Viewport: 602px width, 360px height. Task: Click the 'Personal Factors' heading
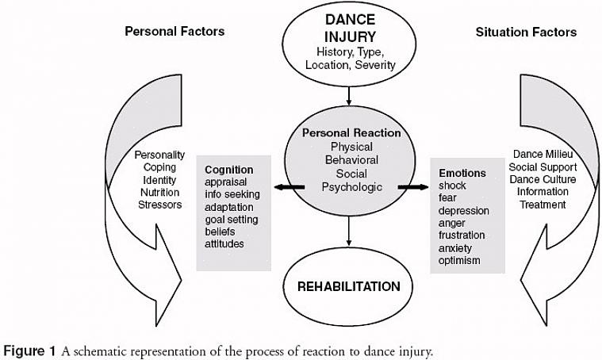click(x=174, y=32)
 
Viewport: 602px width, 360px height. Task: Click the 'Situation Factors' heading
click(x=526, y=33)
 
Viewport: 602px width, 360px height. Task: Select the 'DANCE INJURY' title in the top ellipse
click(x=350, y=28)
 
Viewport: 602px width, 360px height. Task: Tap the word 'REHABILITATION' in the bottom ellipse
click(x=349, y=285)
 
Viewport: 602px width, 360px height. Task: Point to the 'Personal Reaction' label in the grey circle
click(x=351, y=133)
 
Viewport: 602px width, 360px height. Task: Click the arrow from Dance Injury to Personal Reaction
click(x=349, y=96)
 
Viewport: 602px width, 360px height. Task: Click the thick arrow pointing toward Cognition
click(x=288, y=187)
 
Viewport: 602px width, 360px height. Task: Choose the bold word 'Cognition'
click(x=229, y=170)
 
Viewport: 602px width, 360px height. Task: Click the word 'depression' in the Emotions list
click(x=464, y=210)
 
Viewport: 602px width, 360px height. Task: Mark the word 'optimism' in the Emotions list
click(x=459, y=260)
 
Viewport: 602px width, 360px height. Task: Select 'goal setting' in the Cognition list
click(x=232, y=219)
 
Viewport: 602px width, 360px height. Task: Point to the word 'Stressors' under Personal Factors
click(x=159, y=205)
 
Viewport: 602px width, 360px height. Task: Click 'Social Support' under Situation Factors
click(x=543, y=167)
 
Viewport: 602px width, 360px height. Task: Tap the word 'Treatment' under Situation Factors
click(x=543, y=205)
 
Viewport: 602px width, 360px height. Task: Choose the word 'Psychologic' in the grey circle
click(x=351, y=187)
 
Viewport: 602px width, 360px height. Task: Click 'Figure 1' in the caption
click(x=29, y=350)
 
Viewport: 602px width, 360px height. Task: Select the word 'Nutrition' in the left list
click(x=159, y=192)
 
